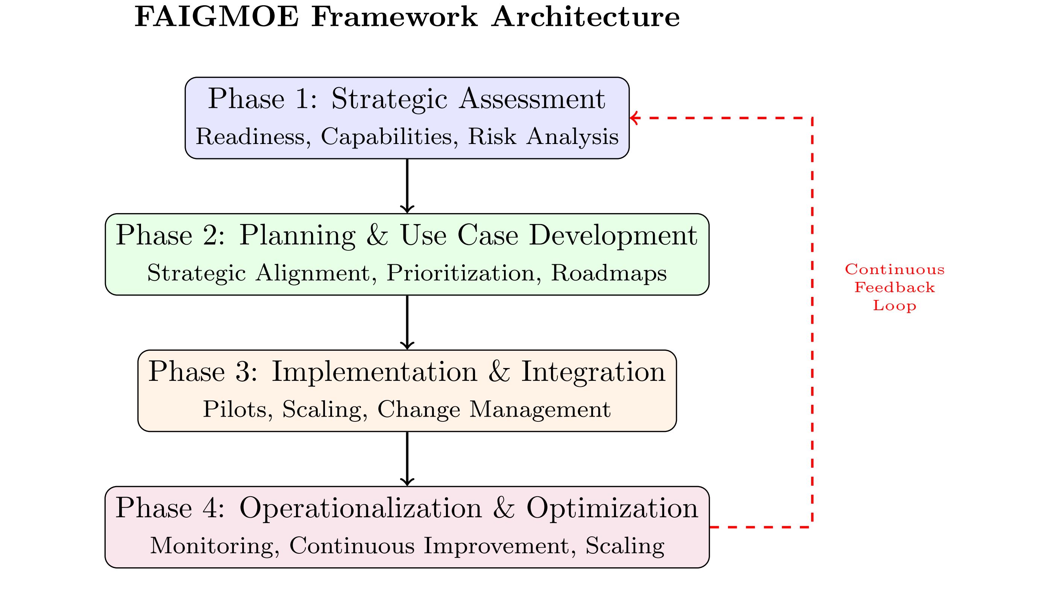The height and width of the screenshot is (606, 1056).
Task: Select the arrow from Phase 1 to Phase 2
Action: [407, 186]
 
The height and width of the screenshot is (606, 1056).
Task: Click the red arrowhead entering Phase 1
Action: [634, 118]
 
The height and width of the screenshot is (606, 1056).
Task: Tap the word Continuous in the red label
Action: [895, 270]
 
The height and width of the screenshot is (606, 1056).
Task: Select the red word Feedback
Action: [895, 288]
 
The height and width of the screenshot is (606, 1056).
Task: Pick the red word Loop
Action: [895, 306]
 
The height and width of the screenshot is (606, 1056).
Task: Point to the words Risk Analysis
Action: [543, 137]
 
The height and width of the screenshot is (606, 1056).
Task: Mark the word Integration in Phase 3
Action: [593, 372]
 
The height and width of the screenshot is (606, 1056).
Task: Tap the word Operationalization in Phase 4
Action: [361, 508]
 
